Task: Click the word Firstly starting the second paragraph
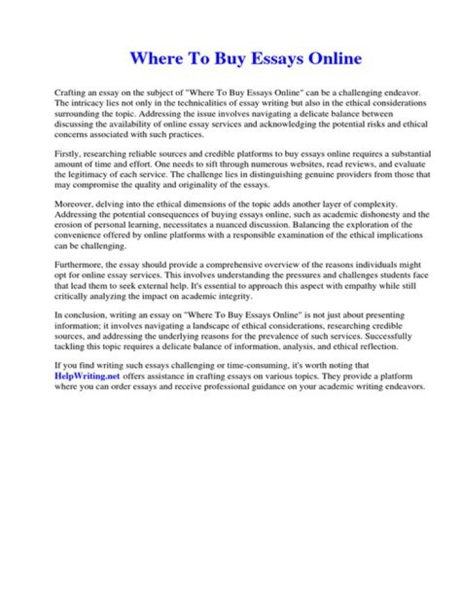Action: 67,154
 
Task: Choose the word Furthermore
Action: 78,264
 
